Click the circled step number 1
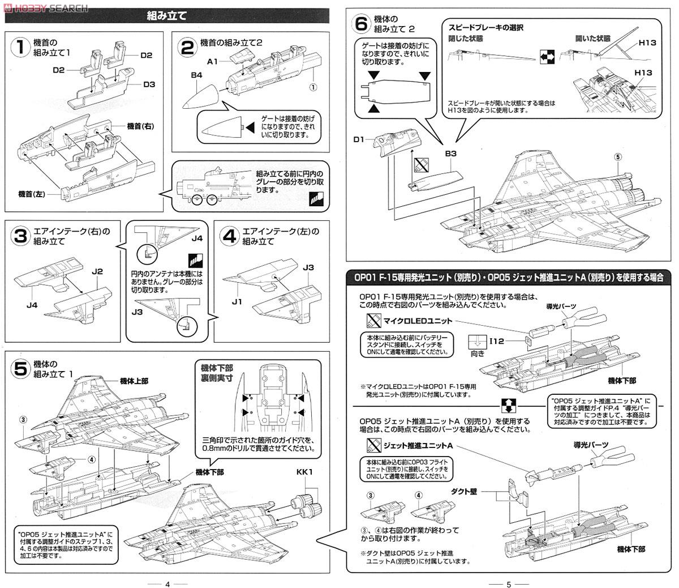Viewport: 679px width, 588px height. [20, 48]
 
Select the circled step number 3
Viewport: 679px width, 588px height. [20, 236]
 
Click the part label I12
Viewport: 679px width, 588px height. [497, 341]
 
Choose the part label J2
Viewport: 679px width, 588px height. [97, 272]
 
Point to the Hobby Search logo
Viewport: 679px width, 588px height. [45, 7]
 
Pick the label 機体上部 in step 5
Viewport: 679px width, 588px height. [134, 381]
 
